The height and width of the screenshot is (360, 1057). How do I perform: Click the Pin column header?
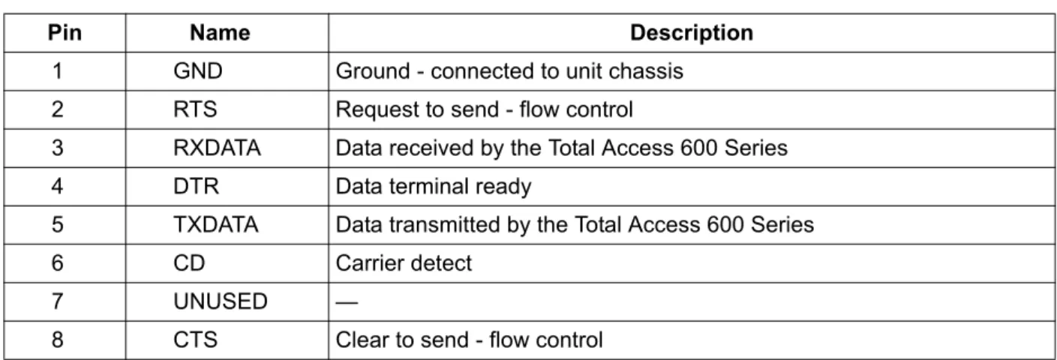tap(65, 33)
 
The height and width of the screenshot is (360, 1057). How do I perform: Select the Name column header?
tap(220, 33)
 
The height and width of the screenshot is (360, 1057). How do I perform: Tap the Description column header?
tap(692, 33)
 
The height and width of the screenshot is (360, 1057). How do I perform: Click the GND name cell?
tap(198, 71)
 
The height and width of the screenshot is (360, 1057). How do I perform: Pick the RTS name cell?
tap(195, 109)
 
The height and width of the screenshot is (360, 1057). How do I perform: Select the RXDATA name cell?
tap(217, 148)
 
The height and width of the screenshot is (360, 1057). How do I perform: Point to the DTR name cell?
tap(196, 186)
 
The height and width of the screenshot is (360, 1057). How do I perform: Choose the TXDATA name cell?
tap(216, 224)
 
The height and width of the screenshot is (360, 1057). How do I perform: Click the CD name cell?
tap(189, 263)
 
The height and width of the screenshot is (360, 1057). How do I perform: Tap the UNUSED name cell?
tap(221, 301)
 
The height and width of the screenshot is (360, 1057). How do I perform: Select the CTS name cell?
tap(195, 340)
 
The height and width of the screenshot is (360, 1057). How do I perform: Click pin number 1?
tap(57, 71)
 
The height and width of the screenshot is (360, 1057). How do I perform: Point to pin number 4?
tap(57, 186)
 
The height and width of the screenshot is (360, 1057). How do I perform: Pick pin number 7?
tap(57, 301)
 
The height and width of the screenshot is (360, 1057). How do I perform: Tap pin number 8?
tap(57, 340)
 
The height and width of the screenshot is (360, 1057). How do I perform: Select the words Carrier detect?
tap(404, 263)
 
